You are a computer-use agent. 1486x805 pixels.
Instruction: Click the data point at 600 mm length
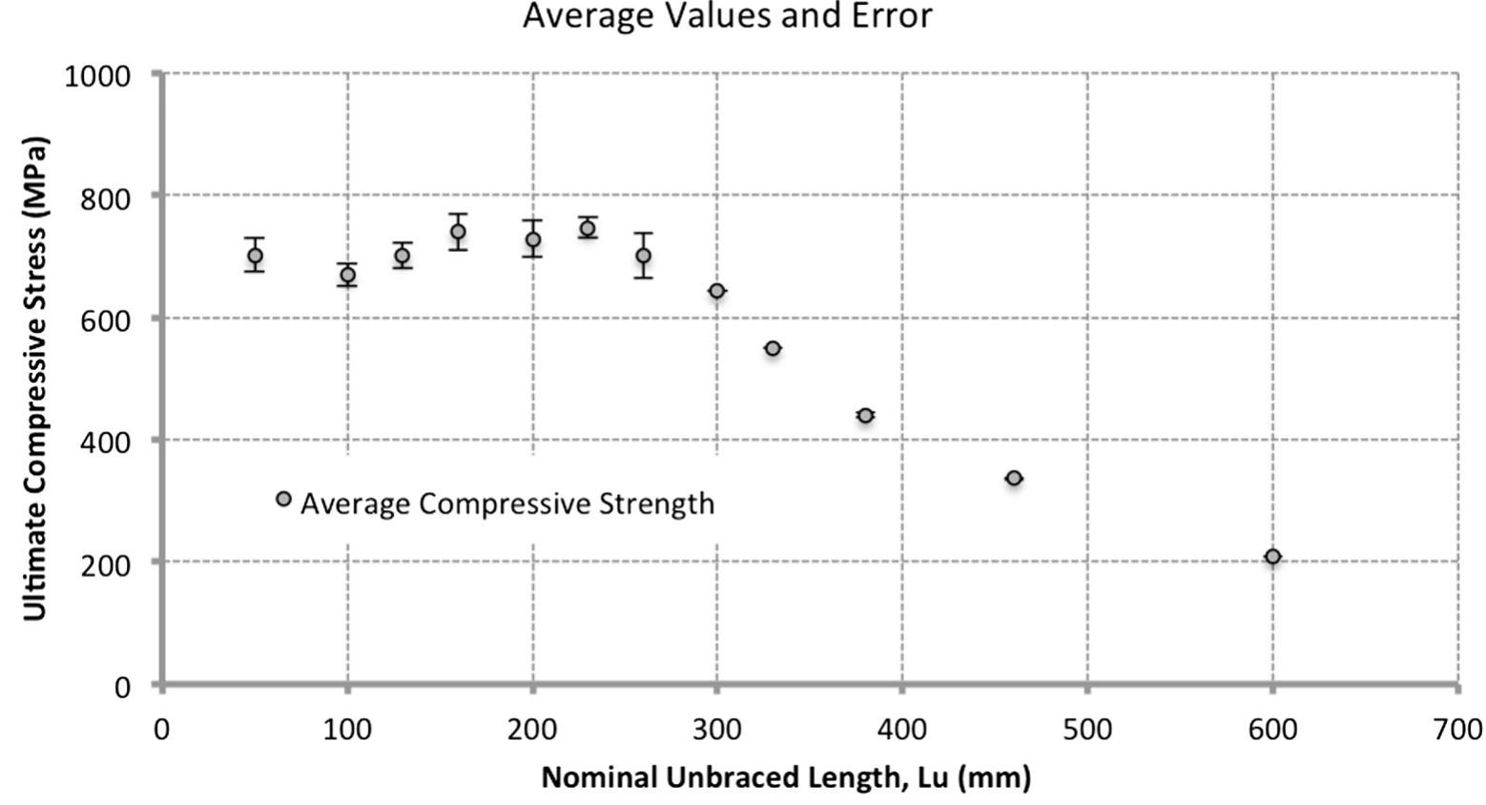[x=1272, y=557]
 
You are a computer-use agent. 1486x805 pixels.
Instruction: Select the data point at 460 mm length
[x=1014, y=478]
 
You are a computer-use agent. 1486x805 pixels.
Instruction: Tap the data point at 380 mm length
[x=865, y=415]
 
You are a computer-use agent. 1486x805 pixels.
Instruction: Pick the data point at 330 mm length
[x=773, y=349]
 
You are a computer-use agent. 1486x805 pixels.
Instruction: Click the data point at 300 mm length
[x=717, y=291]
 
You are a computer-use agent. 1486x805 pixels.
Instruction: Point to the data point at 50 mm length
[x=255, y=256]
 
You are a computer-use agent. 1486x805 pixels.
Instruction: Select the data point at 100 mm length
[x=347, y=275]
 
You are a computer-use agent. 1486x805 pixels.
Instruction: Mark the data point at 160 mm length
[x=458, y=232]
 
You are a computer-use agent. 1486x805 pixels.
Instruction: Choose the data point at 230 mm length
[x=588, y=228]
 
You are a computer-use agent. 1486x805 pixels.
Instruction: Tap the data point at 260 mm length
[x=644, y=256]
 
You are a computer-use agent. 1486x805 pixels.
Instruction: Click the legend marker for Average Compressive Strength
[x=283, y=499]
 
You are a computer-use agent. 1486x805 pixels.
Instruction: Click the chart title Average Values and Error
[x=727, y=16]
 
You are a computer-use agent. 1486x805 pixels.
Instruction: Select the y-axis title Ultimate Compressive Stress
[x=35, y=379]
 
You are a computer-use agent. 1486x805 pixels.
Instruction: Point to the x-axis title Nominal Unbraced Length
[x=786, y=777]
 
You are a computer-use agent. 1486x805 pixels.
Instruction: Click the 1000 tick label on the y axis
[x=97, y=75]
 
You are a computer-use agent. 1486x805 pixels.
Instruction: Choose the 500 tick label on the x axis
[x=1087, y=730]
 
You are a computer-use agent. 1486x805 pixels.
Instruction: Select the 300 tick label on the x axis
[x=717, y=730]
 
